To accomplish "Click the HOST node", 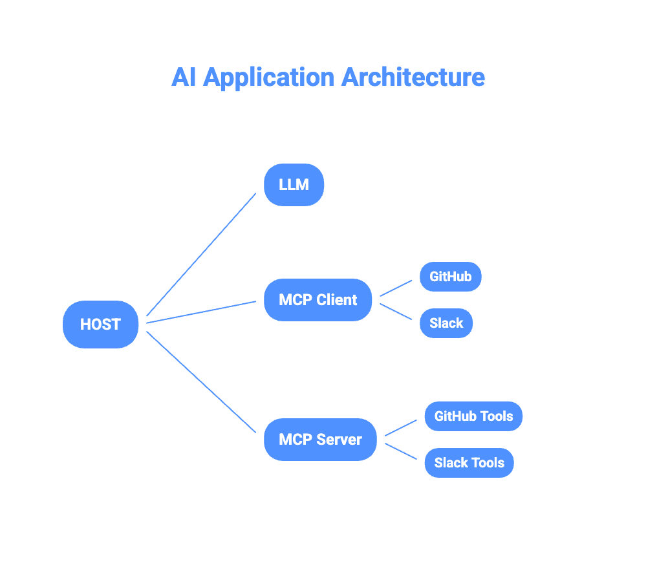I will pos(100,325).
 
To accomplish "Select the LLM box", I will pos(294,185).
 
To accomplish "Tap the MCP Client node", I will pos(318,300).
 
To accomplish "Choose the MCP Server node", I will pos(320,440).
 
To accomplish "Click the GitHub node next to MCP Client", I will pos(450,277).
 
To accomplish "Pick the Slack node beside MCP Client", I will pos(446,323).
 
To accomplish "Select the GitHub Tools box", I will pos(473,416).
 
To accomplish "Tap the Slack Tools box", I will pos(469,463).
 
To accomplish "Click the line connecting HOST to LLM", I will pos(202,254).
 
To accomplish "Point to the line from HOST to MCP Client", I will pos(202,311).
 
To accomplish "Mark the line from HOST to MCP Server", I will pos(202,381).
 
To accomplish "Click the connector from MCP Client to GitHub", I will pos(396,288).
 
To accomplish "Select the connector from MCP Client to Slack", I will pos(396,312).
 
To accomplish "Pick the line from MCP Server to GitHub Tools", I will pos(401,428).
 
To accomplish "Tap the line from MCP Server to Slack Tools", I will pos(401,451).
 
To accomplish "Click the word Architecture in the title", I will pos(413,77).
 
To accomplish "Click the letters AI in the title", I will pos(184,77).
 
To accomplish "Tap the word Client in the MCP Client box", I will pos(337,300).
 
